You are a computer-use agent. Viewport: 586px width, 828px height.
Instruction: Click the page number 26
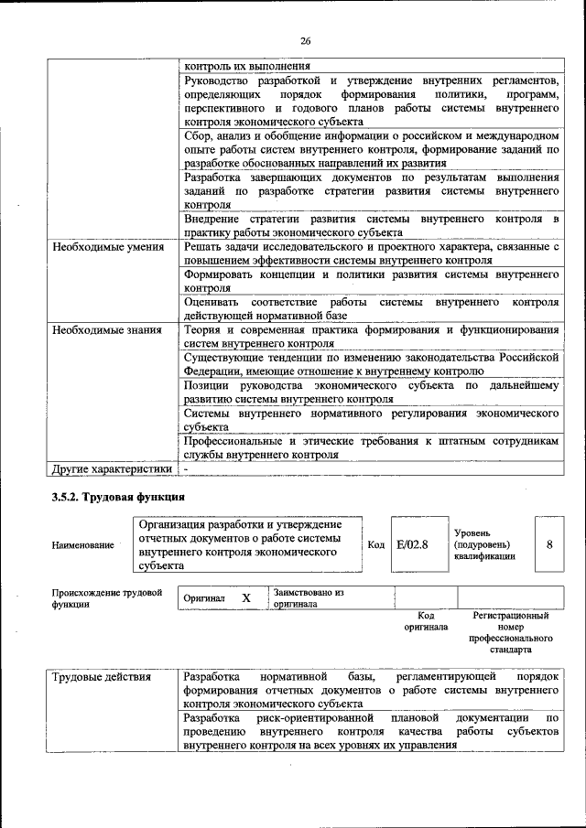coord(305,40)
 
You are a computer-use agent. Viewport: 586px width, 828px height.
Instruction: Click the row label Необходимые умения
coord(108,247)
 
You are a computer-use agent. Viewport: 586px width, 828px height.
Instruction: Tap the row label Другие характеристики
coord(112,469)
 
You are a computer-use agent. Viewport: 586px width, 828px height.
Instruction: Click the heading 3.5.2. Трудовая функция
coord(118,498)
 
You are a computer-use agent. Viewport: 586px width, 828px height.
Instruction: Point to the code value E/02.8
coord(412,544)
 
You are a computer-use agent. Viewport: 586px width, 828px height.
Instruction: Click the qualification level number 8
coord(548,544)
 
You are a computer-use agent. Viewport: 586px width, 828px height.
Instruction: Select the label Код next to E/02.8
coord(375,545)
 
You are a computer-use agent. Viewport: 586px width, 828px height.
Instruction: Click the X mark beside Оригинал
coord(245,598)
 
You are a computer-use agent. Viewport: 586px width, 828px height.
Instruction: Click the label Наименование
coord(83,545)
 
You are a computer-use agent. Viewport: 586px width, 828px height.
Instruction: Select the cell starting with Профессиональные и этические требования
coord(370,447)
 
